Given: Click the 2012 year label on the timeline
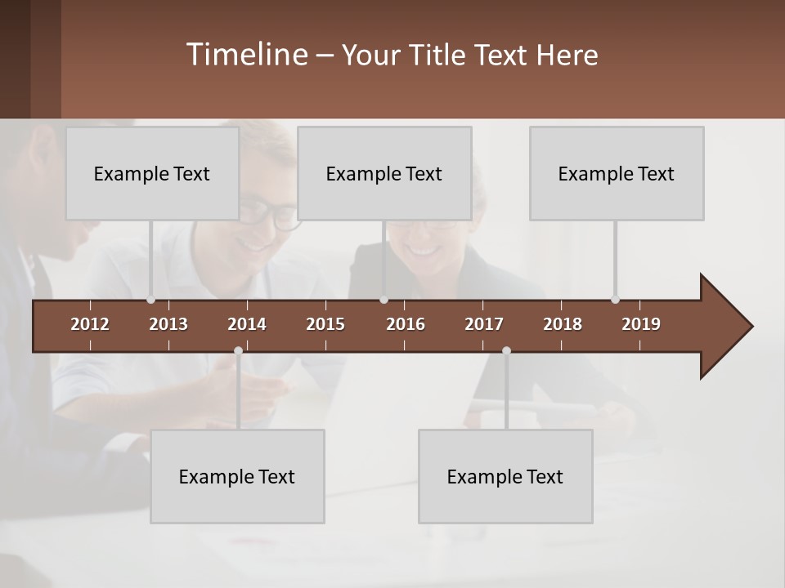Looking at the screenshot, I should pos(90,324).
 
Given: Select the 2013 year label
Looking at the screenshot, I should pos(168,324).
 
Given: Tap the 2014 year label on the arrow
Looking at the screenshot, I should pos(247,324).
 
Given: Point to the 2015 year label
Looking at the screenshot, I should pos(325,324).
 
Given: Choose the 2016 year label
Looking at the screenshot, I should pos(406,324).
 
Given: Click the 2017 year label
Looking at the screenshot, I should pos(484,324).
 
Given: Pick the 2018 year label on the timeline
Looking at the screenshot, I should pos(563,324).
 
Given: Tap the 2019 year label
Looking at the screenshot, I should pos(641,324).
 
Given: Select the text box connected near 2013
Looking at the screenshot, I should pos(152,173).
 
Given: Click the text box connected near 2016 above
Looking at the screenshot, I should pos(384,173).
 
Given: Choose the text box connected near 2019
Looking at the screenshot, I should pos(617,173).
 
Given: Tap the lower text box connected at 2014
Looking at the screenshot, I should pos(237,476).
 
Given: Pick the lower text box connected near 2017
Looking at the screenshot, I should pos(505,476).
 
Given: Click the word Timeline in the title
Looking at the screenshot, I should pos(246,55).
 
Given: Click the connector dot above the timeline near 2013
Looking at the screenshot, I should pos(150,300).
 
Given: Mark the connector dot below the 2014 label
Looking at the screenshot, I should pos(238,350).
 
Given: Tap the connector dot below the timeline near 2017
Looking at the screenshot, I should pos(506,350).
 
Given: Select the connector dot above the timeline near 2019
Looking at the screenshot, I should pos(615,300).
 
